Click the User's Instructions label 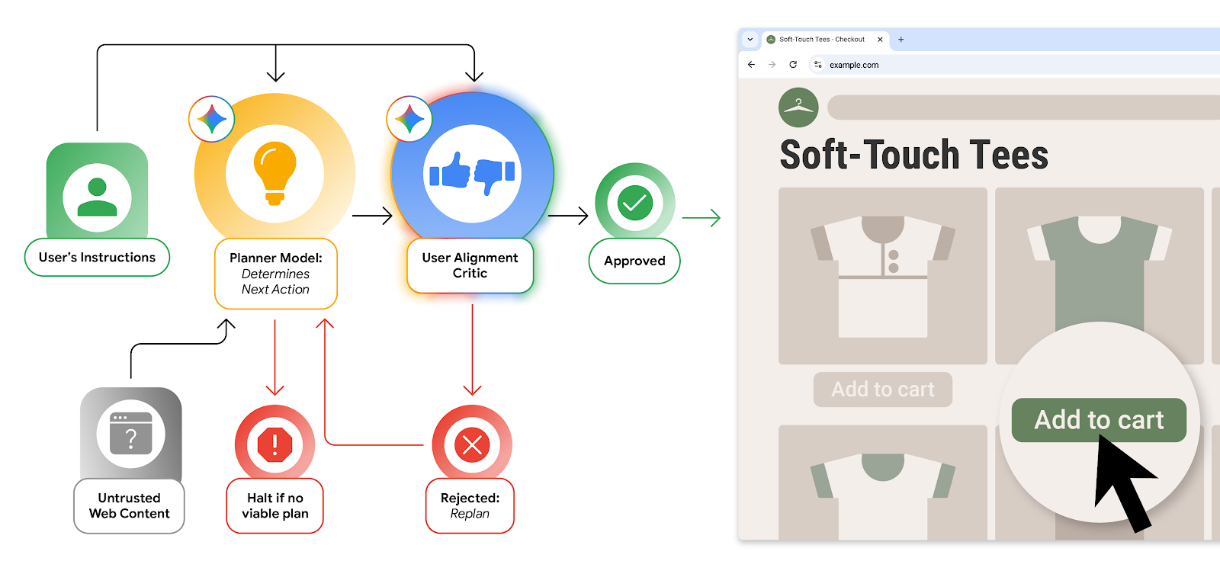[97, 258]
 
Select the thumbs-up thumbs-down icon [472, 173]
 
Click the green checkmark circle [634, 203]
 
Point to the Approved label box [634, 261]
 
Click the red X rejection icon [472, 444]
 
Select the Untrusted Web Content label [129, 505]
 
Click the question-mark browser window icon [130, 434]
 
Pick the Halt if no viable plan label [274, 505]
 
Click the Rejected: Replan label [470, 505]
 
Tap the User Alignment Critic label [470, 265]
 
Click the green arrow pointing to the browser [701, 218]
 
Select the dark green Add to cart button [1098, 420]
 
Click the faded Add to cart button [882, 390]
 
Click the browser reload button [793, 65]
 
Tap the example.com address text [854, 66]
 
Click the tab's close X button [880, 40]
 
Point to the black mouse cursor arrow [1120, 480]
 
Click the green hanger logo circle [798, 107]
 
